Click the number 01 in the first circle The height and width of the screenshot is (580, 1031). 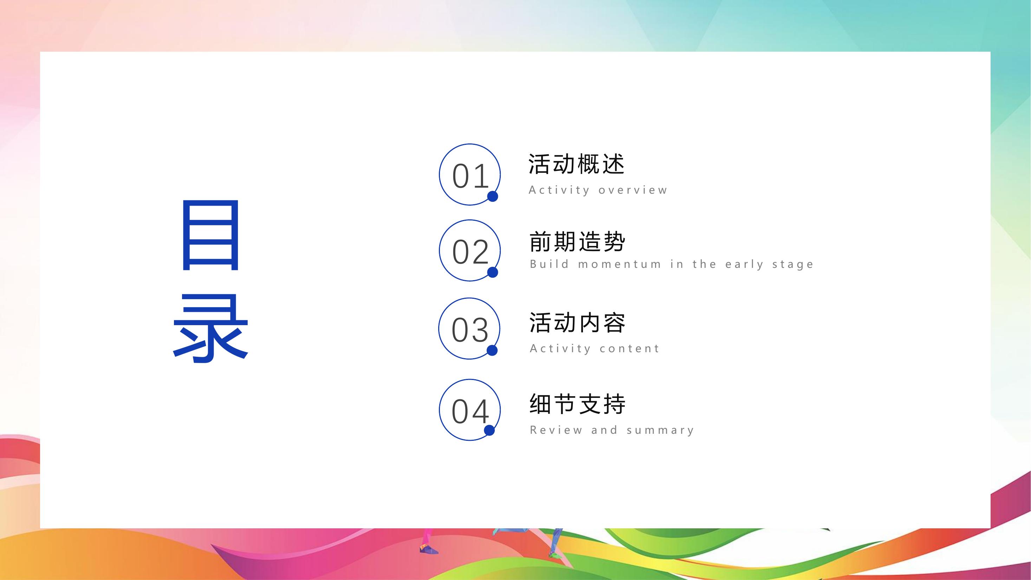(470, 176)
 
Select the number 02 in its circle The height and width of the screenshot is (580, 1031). (470, 252)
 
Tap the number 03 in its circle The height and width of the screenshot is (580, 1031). (470, 330)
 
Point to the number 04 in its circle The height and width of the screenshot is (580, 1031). (470, 411)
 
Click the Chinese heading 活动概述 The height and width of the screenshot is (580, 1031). (577, 164)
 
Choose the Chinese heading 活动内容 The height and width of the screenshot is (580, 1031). (577, 322)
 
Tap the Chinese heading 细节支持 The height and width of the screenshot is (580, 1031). (577, 404)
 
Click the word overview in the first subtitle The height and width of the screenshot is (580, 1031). (633, 190)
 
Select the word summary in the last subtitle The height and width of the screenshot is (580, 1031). (660, 431)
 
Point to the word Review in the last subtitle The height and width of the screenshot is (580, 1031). (556, 430)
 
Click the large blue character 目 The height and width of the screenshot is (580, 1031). (210, 235)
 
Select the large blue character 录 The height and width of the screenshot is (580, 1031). (210, 328)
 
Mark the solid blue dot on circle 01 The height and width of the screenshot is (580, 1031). (493, 196)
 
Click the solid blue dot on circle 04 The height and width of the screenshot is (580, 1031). (489, 430)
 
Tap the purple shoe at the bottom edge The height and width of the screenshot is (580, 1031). (429, 549)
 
